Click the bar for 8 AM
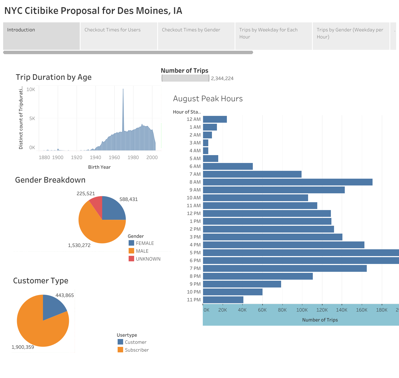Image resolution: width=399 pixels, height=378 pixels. pyautogui.click(x=287, y=182)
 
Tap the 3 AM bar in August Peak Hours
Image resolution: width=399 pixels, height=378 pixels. pyautogui.click(x=206, y=143)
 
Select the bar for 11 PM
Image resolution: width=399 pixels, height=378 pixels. pyautogui.click(x=223, y=300)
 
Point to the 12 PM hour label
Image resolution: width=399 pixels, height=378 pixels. pyautogui.click(x=194, y=213)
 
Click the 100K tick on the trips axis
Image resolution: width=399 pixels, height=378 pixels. pyautogui.click(x=302, y=310)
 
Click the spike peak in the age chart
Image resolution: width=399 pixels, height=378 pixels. pyautogui.click(x=123, y=89)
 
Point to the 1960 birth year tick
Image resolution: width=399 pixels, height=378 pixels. pyautogui.click(x=114, y=157)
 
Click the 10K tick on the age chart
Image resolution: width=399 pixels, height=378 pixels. pyautogui.click(x=31, y=89)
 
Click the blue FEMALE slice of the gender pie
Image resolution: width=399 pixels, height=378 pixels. pyautogui.click(x=113, y=209)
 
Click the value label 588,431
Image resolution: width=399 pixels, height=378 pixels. pyautogui.click(x=128, y=199)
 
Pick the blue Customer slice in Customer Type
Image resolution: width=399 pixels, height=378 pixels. pyautogui.click(x=52, y=306)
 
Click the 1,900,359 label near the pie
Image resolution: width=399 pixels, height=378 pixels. pyautogui.click(x=23, y=347)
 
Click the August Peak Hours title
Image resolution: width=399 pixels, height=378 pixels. pyautogui.click(x=208, y=99)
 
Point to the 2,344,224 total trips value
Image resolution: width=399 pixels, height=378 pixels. pyautogui.click(x=222, y=78)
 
